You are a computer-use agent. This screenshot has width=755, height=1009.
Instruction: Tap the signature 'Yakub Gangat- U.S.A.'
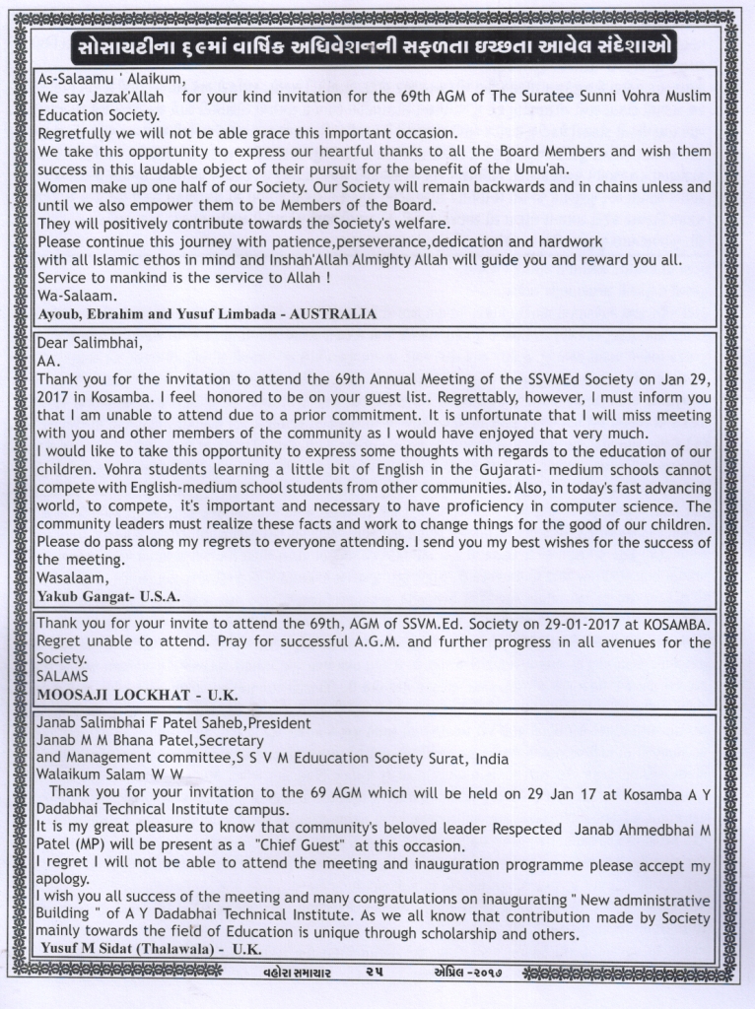point(108,596)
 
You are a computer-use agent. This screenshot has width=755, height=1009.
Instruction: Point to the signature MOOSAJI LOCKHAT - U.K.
point(137,694)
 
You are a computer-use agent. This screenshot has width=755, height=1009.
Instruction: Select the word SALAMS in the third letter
point(61,676)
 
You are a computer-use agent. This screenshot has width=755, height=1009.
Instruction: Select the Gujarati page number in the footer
point(374,972)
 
